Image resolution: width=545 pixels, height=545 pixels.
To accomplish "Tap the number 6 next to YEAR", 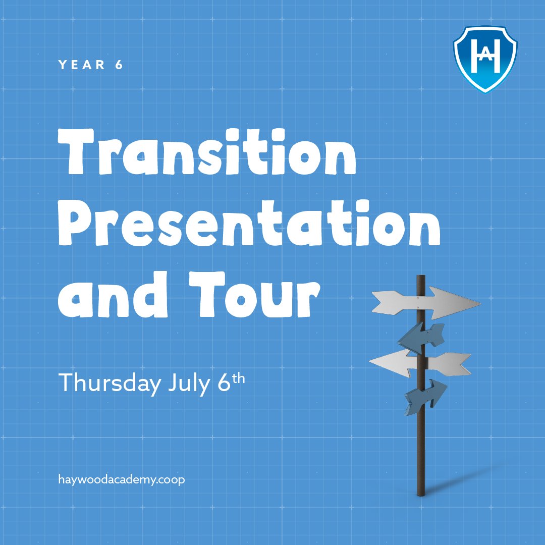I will coord(119,65).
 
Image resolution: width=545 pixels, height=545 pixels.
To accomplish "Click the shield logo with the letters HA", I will coord(485,59).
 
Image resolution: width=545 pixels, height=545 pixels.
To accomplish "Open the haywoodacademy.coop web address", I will coord(122,479).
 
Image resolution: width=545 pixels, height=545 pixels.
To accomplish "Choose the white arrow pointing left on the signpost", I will coord(418,362).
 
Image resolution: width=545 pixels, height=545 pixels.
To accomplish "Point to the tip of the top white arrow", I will coord(479,303).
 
